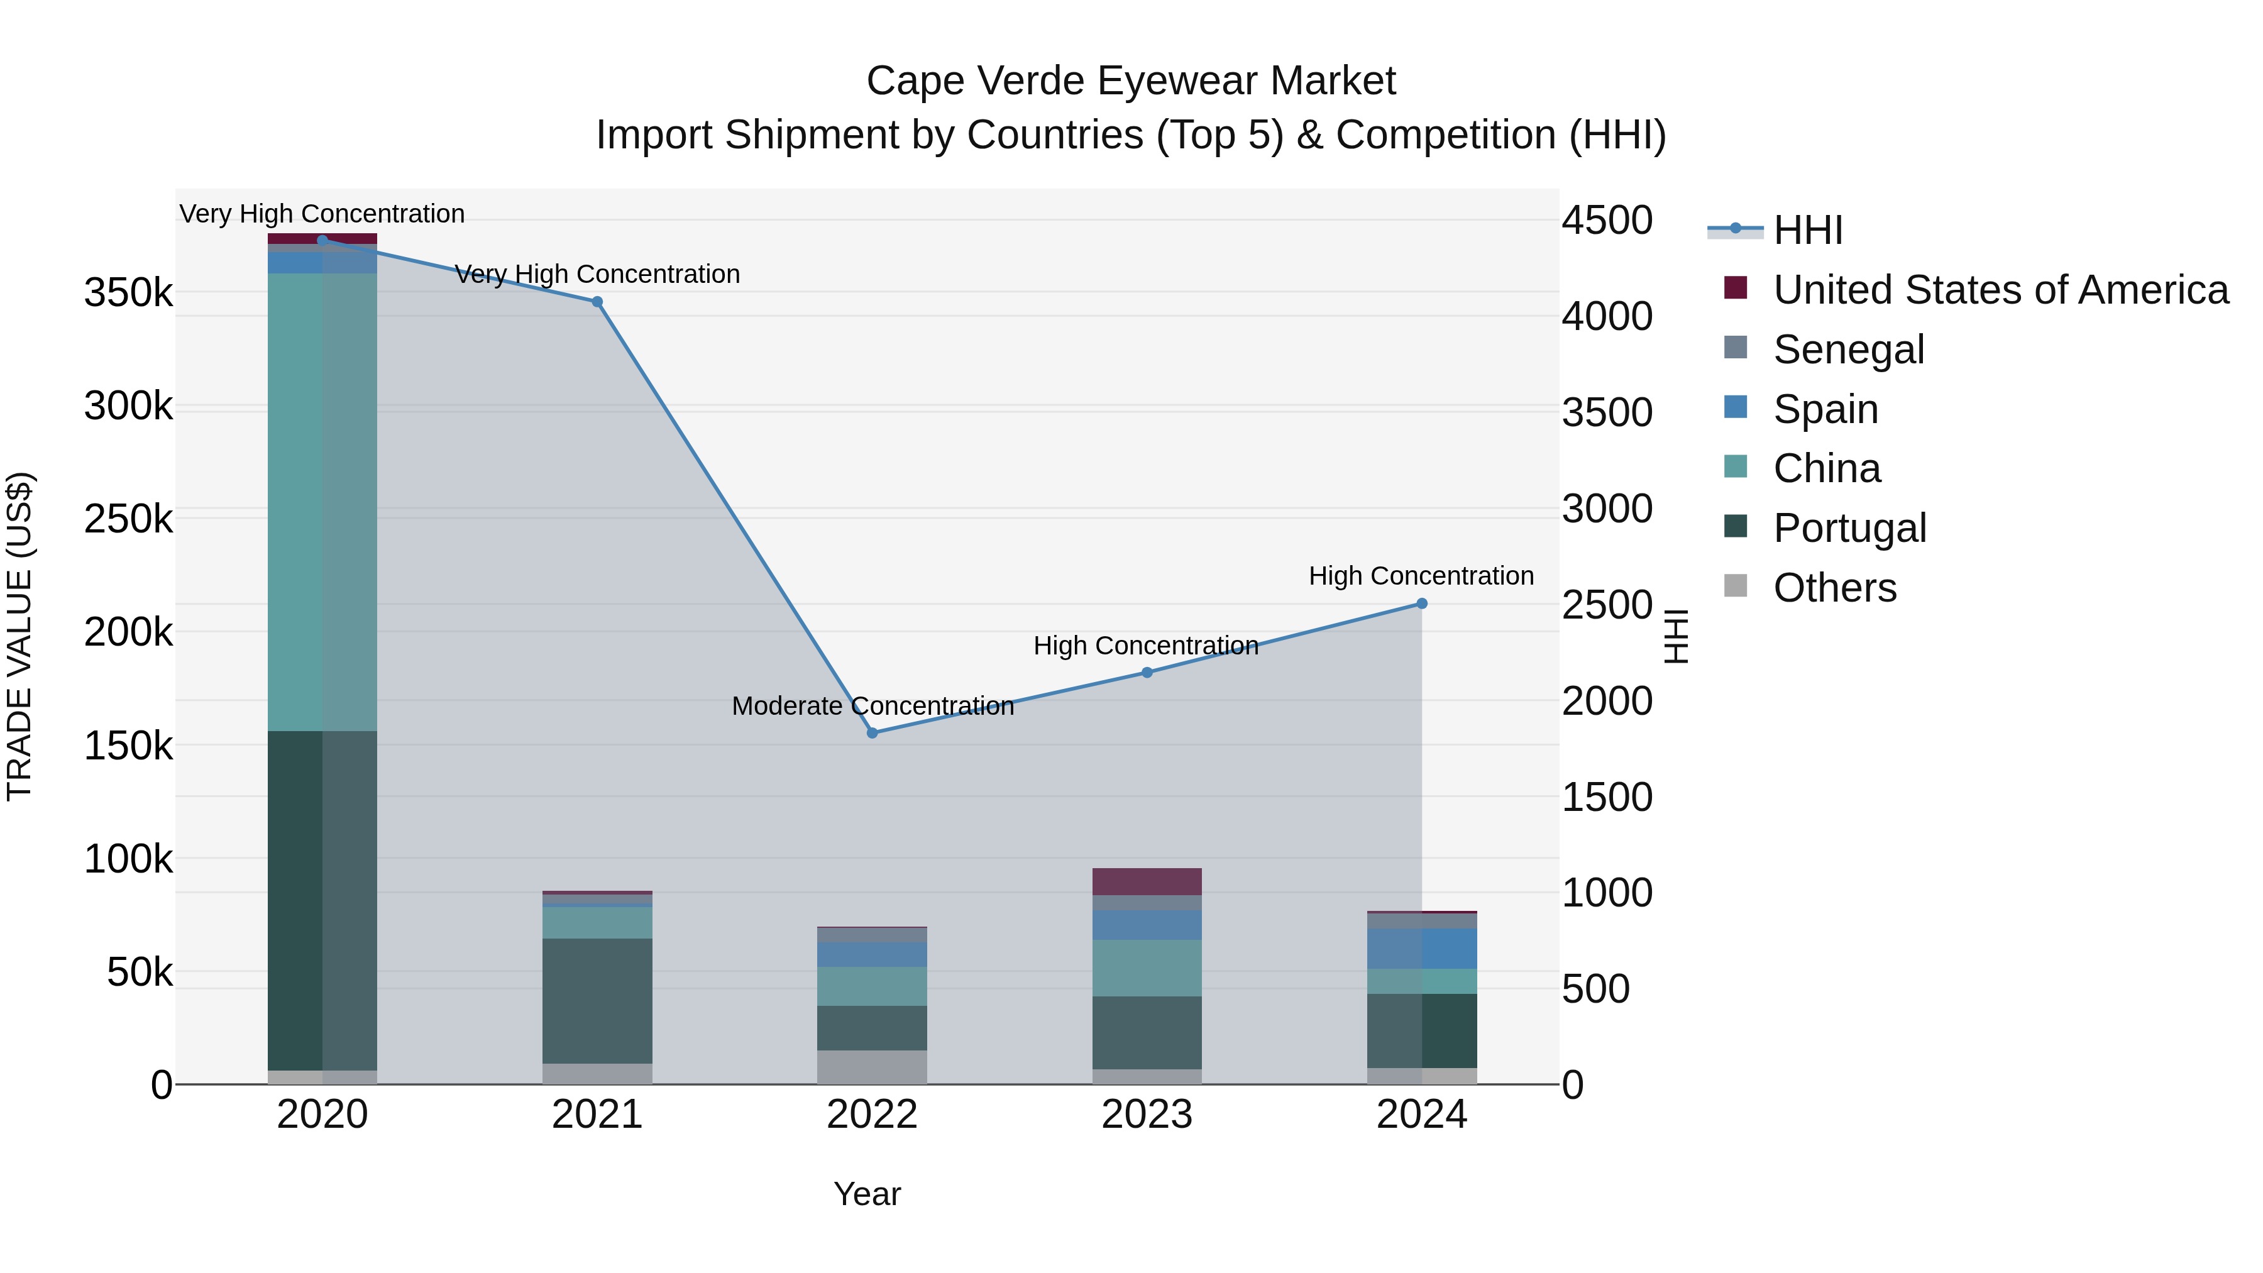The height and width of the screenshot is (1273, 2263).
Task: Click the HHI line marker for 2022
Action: [x=873, y=733]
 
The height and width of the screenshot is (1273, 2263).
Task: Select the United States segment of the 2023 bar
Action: [x=1147, y=881]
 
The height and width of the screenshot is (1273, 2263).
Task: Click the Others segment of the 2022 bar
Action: [x=873, y=1067]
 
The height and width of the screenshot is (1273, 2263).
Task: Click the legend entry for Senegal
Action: [x=1847, y=350]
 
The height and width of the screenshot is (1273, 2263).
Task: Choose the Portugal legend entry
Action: [x=1849, y=528]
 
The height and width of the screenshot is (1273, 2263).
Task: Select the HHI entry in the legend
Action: [x=1807, y=230]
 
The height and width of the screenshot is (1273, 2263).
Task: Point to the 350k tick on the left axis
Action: [x=128, y=292]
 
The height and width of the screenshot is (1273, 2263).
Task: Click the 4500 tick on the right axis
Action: [x=1607, y=221]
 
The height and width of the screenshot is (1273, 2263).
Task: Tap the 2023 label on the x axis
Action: [x=1147, y=1115]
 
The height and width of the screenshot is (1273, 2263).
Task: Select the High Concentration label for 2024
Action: [x=1421, y=576]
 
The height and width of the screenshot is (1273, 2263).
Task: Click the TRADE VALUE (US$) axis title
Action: [x=19, y=636]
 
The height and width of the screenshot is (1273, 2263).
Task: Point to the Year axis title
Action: [x=867, y=1194]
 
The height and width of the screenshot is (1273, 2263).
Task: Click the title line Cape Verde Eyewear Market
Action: [x=1131, y=81]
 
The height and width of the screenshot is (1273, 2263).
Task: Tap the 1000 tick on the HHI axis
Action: [x=1607, y=893]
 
